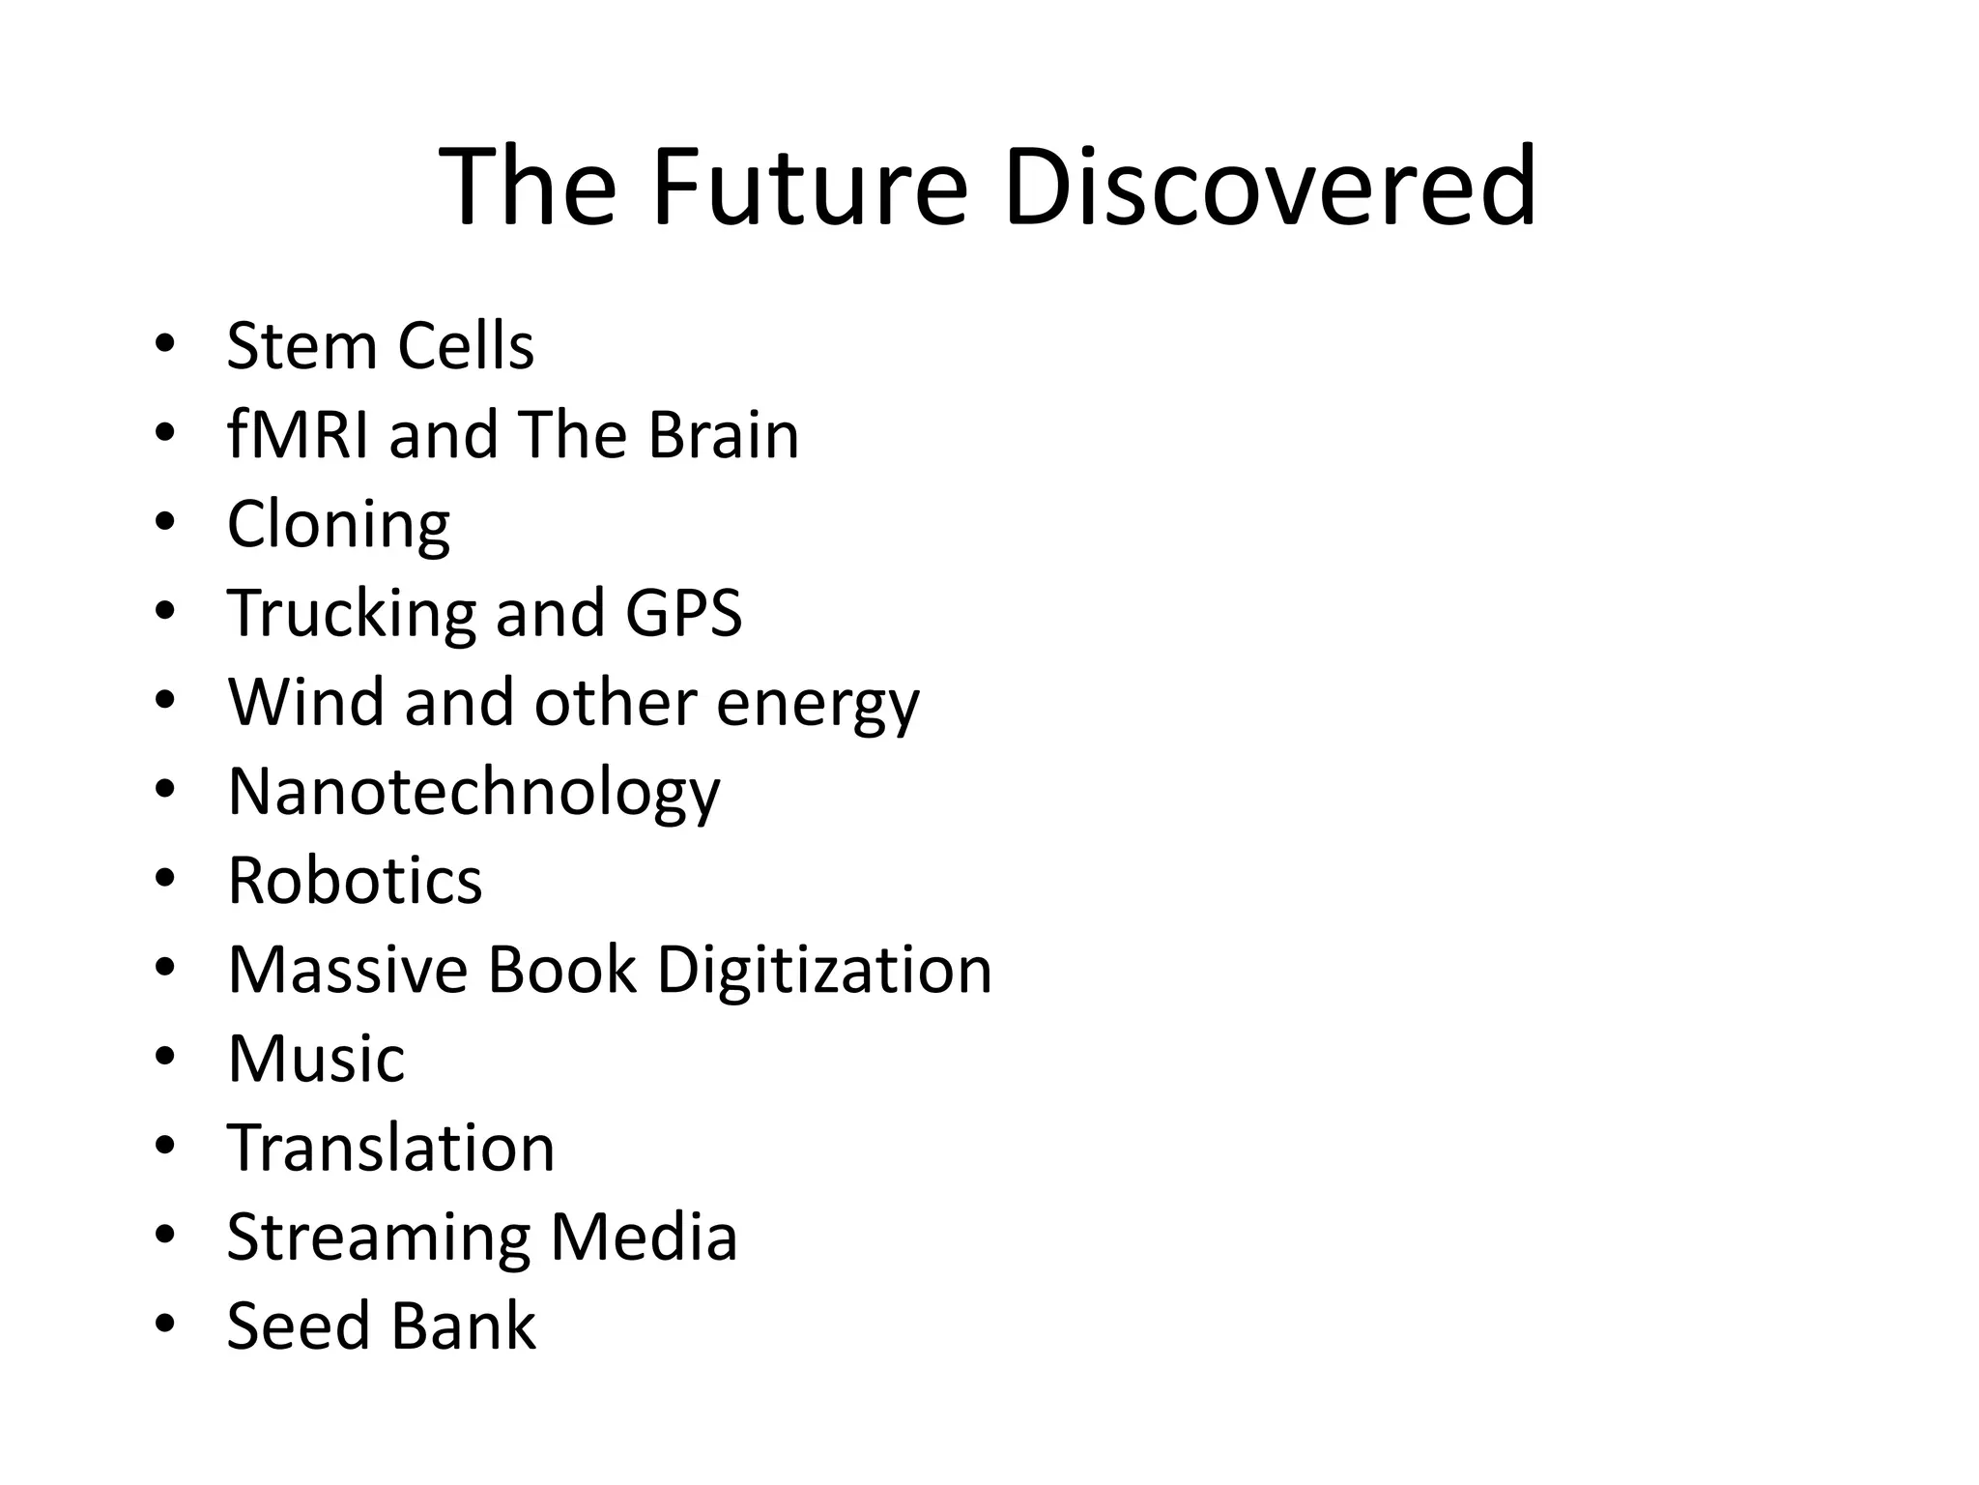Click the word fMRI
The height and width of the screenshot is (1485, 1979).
pos(298,435)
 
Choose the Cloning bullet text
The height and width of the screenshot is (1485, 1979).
pos(338,525)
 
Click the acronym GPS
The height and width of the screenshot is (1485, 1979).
pos(684,613)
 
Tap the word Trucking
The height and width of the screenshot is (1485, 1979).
pos(351,615)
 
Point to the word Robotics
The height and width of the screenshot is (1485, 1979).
pos(355,881)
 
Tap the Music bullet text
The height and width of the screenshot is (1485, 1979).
pos(316,1059)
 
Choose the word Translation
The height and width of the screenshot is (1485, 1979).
pos(391,1148)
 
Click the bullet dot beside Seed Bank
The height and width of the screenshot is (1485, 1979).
pos(164,1323)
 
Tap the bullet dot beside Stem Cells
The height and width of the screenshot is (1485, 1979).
pos(164,343)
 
